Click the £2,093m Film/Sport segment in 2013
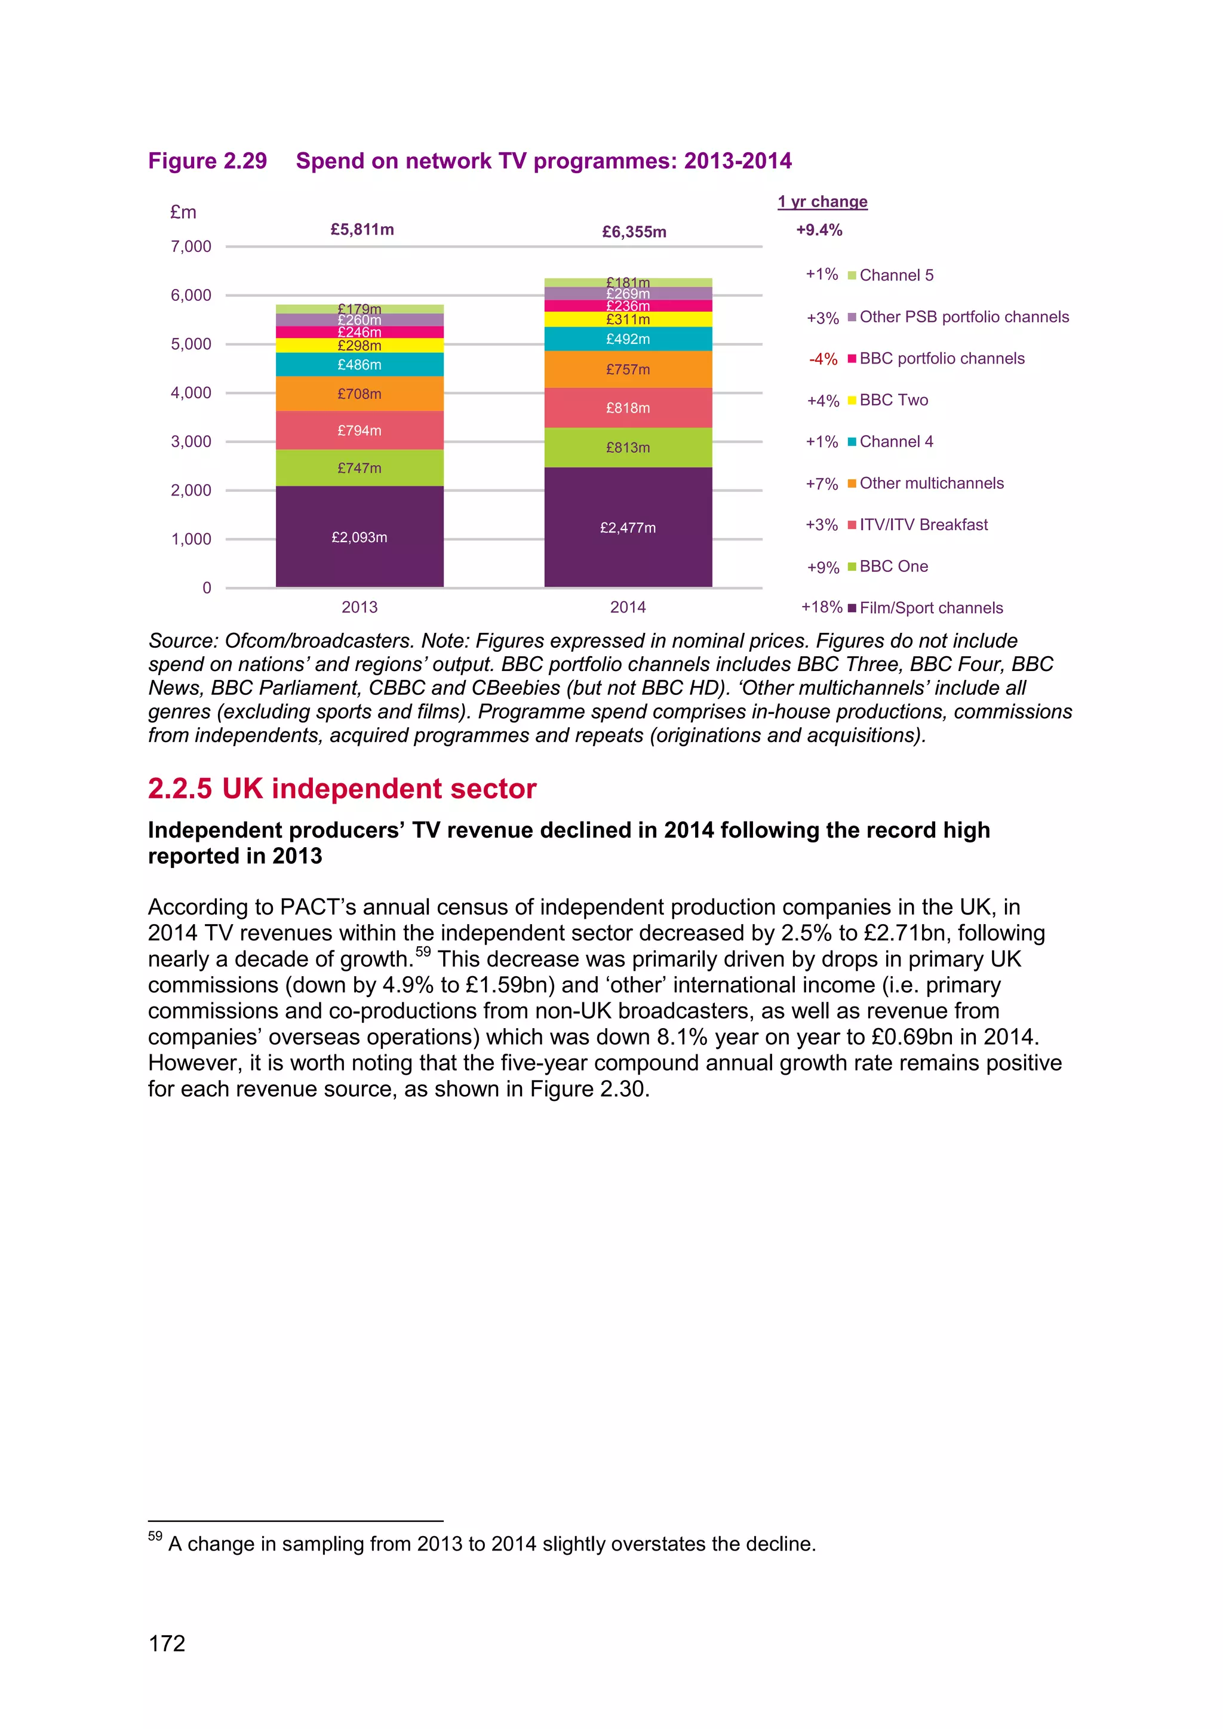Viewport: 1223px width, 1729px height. point(359,536)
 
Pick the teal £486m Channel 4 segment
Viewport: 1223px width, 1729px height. point(359,364)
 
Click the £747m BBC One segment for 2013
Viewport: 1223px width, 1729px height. point(359,467)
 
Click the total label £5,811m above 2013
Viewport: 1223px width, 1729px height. point(362,229)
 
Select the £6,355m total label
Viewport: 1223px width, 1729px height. point(634,231)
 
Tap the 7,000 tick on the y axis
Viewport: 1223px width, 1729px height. point(191,246)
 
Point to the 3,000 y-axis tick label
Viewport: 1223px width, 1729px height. point(191,441)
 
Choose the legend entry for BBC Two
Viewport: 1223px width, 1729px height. point(893,400)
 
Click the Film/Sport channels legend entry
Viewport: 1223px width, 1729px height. point(931,608)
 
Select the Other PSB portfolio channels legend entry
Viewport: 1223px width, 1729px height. point(963,316)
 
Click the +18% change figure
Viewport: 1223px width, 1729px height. point(822,607)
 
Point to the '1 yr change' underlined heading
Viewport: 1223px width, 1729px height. point(822,201)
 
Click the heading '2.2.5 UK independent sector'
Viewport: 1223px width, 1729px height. point(342,789)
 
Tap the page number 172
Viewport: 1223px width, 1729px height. point(167,1643)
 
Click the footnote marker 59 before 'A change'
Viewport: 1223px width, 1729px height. point(155,1536)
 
